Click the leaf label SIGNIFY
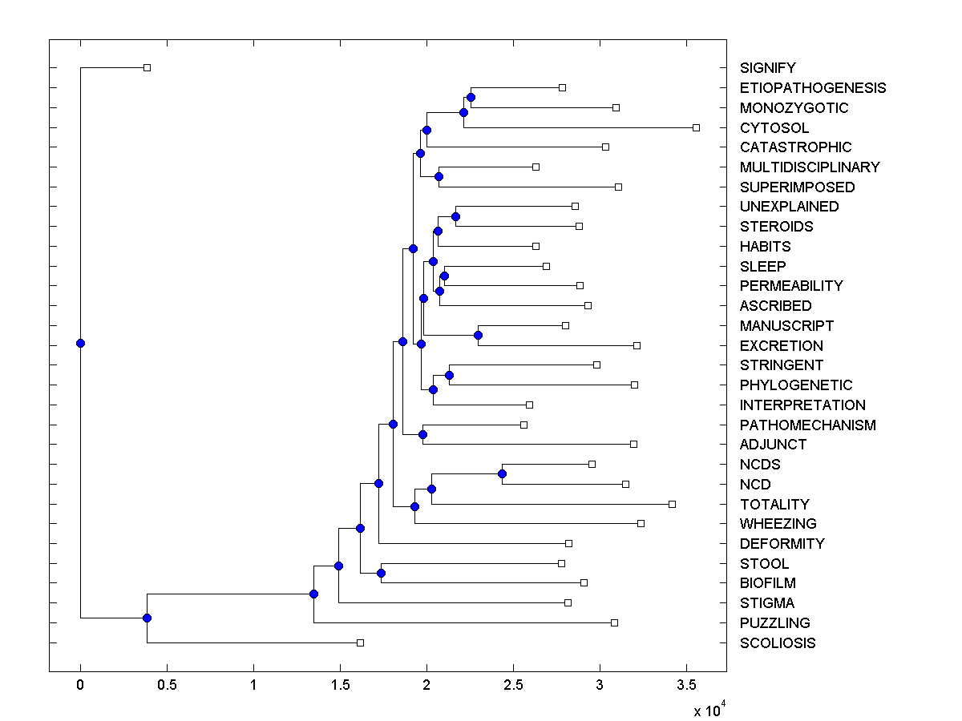pos(768,68)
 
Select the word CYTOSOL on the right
pos(774,128)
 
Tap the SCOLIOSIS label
pos(778,643)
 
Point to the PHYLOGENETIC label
pos(796,385)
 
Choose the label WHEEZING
pos(778,524)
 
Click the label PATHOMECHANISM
pos(808,425)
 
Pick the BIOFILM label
pos(768,583)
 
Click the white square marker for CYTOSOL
pos(696,127)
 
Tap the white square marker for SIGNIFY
pos(147,67)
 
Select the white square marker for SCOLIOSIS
pos(360,642)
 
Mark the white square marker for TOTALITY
pos(672,504)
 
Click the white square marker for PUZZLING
pos(614,622)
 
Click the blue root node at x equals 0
pos(80,343)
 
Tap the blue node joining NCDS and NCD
pos(502,473)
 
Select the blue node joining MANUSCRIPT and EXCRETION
pos(478,335)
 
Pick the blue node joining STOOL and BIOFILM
pos(381,573)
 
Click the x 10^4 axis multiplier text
pos(709,709)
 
